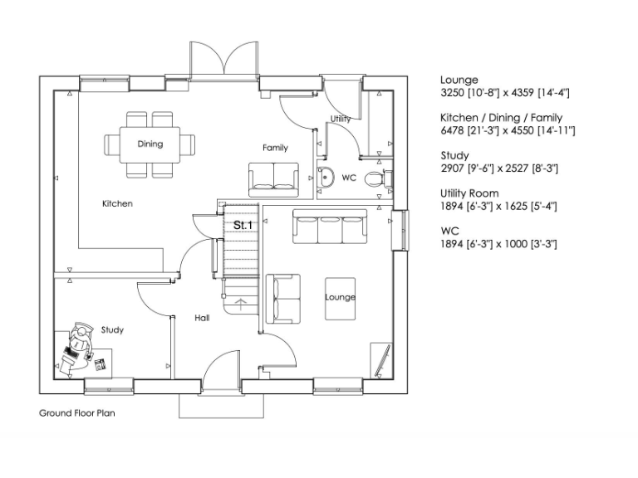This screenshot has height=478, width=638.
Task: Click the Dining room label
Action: pyautogui.click(x=150, y=144)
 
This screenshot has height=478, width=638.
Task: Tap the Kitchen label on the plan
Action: pyautogui.click(x=117, y=203)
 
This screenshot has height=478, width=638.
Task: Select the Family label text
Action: pyautogui.click(x=275, y=148)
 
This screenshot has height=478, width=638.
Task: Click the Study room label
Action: pyautogui.click(x=112, y=330)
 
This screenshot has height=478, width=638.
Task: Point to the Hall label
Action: pyautogui.click(x=202, y=318)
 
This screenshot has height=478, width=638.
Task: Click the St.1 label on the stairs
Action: pyautogui.click(x=243, y=225)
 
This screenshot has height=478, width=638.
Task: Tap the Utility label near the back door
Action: pyautogui.click(x=340, y=119)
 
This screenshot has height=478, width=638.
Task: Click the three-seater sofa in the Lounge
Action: pyautogui.click(x=330, y=228)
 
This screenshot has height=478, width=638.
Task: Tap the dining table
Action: pyautogui.click(x=150, y=144)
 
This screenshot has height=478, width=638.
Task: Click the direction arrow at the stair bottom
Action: pyautogui.click(x=240, y=302)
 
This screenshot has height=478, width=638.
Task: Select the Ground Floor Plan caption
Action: pyautogui.click(x=76, y=412)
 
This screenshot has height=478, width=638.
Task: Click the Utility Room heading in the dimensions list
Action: pyautogui.click(x=469, y=193)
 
